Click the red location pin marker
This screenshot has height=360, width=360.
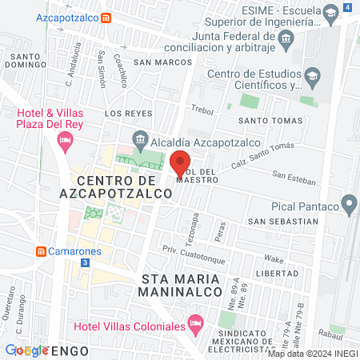[x=180, y=163]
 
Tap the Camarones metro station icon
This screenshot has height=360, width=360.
[x=41, y=250]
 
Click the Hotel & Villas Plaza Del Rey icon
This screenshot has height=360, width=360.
[x=65, y=142]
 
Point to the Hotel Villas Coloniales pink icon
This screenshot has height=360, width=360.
[x=194, y=324]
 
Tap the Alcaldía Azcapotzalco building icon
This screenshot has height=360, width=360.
[x=141, y=140]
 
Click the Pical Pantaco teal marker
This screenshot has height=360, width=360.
[x=348, y=205]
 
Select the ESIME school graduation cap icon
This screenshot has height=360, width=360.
[x=330, y=11]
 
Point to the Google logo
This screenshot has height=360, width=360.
[x=26, y=350]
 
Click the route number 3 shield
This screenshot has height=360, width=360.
[x=85, y=263]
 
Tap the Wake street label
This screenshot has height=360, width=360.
[x=274, y=259]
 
